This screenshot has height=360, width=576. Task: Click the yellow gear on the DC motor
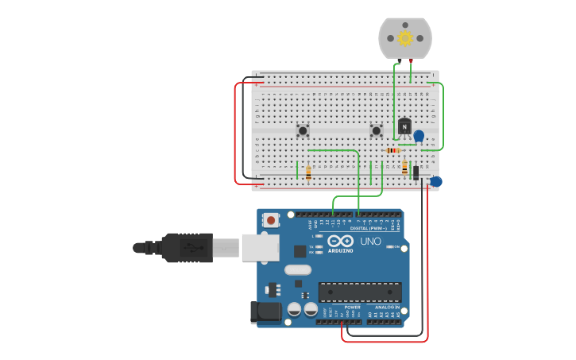(405, 38)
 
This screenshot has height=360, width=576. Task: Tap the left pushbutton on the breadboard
(303, 130)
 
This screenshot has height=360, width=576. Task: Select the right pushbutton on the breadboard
(377, 130)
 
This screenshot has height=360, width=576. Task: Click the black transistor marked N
(404, 126)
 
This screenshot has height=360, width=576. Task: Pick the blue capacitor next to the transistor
(419, 136)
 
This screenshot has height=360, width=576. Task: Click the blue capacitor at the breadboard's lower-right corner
(435, 182)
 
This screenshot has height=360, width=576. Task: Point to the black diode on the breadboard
(416, 172)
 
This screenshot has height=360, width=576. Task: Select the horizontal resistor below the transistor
(392, 150)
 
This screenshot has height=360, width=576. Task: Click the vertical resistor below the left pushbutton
(308, 172)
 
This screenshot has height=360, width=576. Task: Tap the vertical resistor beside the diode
(404, 168)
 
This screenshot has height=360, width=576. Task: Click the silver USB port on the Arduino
(260, 247)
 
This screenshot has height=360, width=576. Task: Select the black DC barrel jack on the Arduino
(265, 312)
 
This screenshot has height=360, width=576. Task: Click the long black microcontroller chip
(359, 292)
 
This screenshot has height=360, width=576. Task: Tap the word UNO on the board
(370, 242)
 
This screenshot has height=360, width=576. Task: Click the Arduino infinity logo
(340, 241)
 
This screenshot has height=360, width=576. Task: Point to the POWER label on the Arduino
(352, 307)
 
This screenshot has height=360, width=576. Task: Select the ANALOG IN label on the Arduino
(387, 307)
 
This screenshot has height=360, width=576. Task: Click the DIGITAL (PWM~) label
(368, 228)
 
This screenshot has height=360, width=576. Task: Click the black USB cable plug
(187, 248)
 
